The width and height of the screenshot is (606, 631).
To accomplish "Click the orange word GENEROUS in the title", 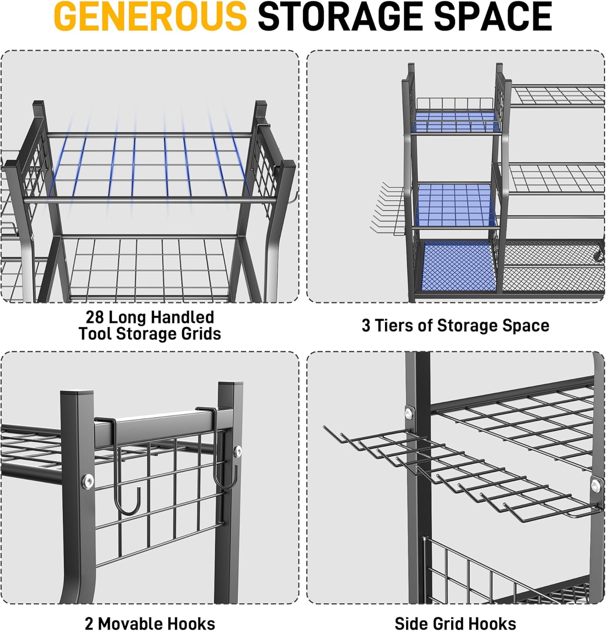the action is pyautogui.click(x=150, y=16).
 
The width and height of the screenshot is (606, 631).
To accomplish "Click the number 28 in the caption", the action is pyautogui.click(x=95, y=317).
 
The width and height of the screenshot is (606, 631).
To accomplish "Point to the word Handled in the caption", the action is pyautogui.click(x=183, y=317).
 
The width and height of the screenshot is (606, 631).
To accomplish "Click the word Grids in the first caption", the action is pyautogui.click(x=201, y=334).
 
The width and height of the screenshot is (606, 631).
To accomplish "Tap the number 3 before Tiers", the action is pyautogui.click(x=366, y=326).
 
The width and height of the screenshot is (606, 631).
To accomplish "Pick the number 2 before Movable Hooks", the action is pyautogui.click(x=89, y=623).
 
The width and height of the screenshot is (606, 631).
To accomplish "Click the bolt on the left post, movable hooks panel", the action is pyautogui.click(x=88, y=481).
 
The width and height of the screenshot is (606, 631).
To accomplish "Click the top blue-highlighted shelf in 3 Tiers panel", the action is pyautogui.click(x=456, y=121).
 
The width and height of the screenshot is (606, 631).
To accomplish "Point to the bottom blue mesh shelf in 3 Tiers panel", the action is pyautogui.click(x=459, y=266).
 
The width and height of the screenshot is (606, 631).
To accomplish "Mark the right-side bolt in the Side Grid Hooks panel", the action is pyautogui.click(x=595, y=486).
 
